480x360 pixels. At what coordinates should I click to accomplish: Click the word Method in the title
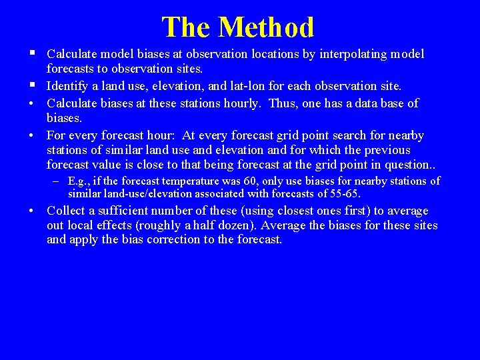click(x=266, y=27)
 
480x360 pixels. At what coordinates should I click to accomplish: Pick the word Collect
click(x=66, y=211)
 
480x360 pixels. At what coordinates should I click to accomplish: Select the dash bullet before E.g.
click(x=58, y=181)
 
